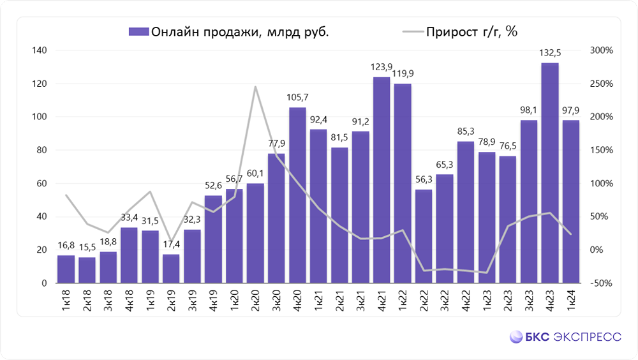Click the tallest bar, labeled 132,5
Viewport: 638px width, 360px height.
pos(549,172)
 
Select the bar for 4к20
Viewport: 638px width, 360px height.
pos(297,195)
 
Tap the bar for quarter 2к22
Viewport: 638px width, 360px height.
pos(423,236)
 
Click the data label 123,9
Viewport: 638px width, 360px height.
pos(382,67)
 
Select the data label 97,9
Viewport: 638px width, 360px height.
pos(571,110)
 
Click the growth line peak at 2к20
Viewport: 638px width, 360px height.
pos(255,87)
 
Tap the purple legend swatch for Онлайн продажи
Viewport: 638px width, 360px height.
pos(138,31)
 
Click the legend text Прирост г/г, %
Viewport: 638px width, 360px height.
pos(473,31)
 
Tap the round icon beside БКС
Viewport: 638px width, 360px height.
pos(516,337)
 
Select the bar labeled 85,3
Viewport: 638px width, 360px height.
pos(465,212)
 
